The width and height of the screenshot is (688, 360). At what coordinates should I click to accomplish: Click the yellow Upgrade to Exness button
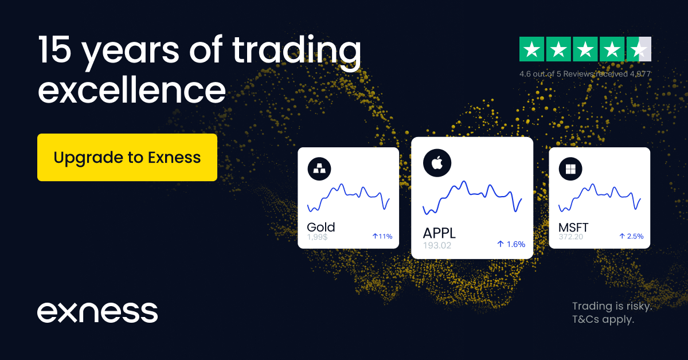[127, 158]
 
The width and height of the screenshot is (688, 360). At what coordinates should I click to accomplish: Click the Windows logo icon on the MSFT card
[571, 169]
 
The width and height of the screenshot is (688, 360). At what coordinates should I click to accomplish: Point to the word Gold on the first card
[321, 227]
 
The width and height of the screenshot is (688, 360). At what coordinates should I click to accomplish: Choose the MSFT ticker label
[573, 228]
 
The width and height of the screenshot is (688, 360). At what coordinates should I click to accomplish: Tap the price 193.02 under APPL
[437, 245]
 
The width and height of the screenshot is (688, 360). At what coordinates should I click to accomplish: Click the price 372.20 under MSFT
[570, 236]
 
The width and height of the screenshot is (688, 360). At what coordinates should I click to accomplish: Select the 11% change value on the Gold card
[382, 236]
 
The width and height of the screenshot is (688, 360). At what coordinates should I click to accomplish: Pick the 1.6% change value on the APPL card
[511, 244]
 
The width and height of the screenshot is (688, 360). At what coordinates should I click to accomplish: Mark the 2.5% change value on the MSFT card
[631, 236]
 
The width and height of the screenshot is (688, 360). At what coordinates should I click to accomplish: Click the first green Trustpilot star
[531, 49]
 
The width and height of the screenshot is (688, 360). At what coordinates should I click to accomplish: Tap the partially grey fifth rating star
[639, 49]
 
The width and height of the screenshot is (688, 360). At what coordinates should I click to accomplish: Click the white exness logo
[97, 312]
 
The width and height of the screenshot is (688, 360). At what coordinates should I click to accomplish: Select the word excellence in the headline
[131, 91]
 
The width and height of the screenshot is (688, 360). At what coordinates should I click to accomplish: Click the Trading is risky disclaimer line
[612, 306]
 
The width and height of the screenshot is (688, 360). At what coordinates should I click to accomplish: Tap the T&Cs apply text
[603, 320]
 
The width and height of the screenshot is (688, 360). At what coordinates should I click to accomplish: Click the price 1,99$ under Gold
[317, 236]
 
